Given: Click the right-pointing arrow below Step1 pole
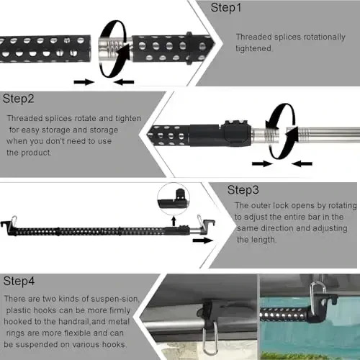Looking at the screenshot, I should tap(84, 82).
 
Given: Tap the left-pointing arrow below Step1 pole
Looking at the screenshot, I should tap(124, 82).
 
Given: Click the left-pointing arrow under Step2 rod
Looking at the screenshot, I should tap(302, 163).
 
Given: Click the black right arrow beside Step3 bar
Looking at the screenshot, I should tap(203, 239).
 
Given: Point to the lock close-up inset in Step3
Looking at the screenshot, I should tap(174, 196).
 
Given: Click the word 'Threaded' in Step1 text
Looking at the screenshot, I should tap(253, 36).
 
